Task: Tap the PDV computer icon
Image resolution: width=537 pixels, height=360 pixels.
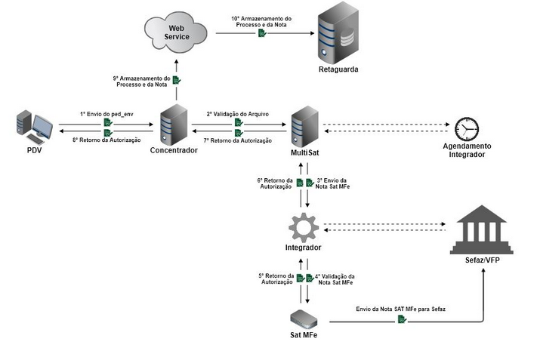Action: point(34,126)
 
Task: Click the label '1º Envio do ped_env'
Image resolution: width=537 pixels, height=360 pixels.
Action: point(106,113)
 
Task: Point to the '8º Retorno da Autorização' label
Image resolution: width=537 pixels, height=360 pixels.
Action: point(106,140)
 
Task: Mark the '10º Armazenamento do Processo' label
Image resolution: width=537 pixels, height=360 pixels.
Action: point(261,20)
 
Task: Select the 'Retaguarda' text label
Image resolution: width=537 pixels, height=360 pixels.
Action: point(338,69)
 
